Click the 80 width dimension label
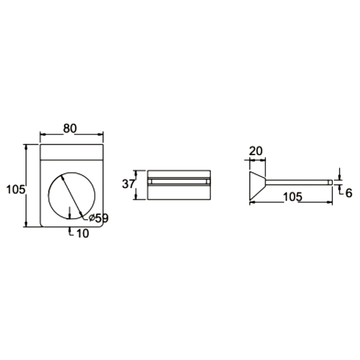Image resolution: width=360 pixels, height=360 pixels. (x=70, y=129)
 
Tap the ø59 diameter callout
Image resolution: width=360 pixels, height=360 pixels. (x=99, y=218)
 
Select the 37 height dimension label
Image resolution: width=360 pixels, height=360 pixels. (x=128, y=184)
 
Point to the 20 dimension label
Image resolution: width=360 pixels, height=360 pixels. (x=256, y=151)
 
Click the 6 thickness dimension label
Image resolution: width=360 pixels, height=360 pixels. (x=349, y=193)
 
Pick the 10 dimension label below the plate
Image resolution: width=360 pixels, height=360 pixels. (x=82, y=233)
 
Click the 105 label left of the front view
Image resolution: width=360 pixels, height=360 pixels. (x=15, y=190)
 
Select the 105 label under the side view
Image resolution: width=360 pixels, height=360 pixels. (x=293, y=197)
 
